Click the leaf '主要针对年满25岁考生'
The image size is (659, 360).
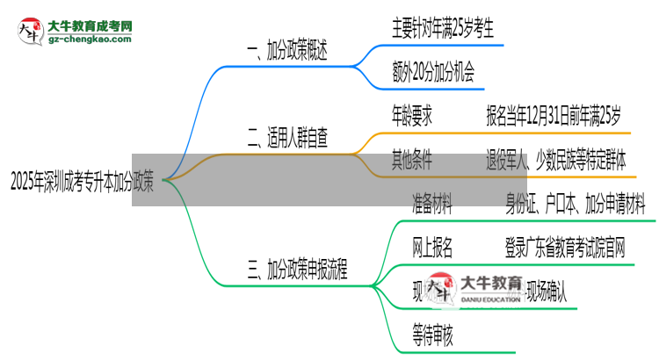tap(442, 30)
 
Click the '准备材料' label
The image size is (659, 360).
tap(432, 206)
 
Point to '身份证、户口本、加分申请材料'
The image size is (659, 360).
tap(576, 206)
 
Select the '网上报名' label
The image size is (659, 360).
tap(432, 249)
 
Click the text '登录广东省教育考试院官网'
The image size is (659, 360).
tap(565, 249)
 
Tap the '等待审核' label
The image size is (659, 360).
tap(432, 334)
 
